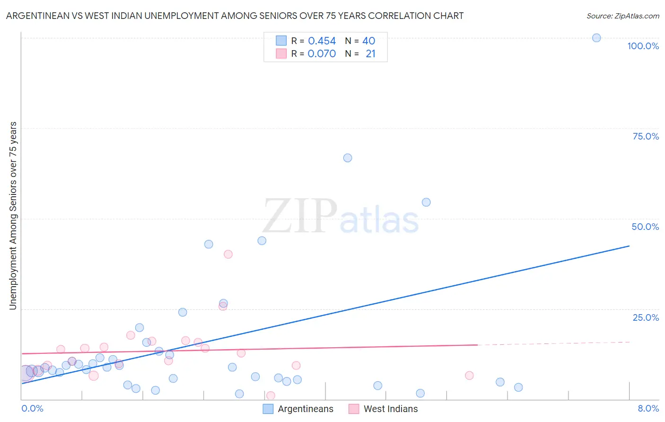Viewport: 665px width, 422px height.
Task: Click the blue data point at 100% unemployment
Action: click(x=596, y=38)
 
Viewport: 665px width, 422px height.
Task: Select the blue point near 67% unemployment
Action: click(x=348, y=158)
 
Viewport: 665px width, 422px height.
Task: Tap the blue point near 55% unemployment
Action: click(x=426, y=202)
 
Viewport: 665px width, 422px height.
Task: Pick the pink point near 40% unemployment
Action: click(x=228, y=254)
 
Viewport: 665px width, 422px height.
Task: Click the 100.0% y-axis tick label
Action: click(x=643, y=46)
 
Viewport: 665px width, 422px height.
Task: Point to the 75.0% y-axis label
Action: click(x=646, y=136)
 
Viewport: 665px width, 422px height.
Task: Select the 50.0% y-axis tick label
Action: click(x=645, y=227)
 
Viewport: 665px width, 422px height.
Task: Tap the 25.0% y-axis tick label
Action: click(x=646, y=317)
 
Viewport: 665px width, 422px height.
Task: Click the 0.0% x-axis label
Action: click(x=32, y=408)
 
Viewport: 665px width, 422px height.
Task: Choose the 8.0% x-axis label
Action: click(x=648, y=408)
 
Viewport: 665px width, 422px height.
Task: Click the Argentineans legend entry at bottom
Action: click(x=305, y=409)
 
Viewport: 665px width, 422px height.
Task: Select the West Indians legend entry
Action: click(x=390, y=409)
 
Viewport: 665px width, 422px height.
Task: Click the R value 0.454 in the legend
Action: click(x=322, y=41)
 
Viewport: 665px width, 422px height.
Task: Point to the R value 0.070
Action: click(x=322, y=53)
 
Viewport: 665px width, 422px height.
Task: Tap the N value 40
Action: click(x=368, y=41)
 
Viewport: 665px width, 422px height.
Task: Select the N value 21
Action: click(x=370, y=53)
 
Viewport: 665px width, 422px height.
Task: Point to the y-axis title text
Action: click(x=13, y=216)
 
